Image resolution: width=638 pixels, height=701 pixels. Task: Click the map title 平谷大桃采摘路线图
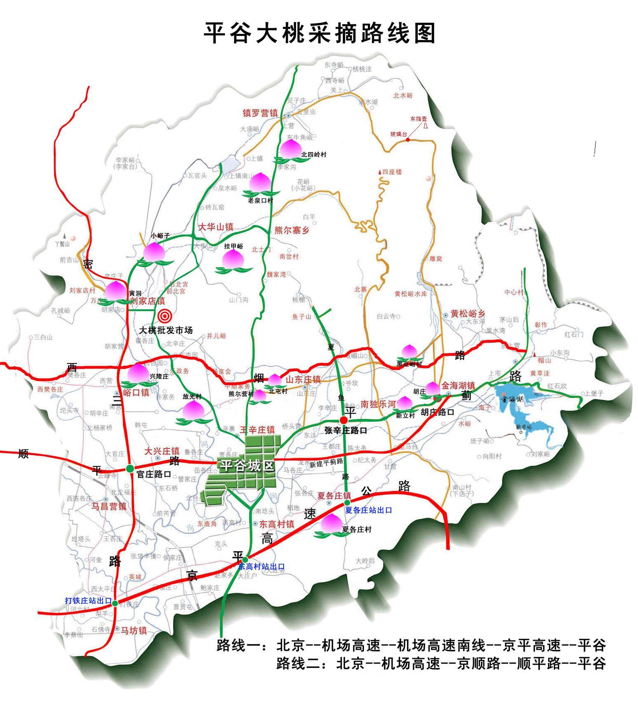click(x=320, y=33)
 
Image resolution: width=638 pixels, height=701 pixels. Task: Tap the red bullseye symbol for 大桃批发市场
click(x=165, y=316)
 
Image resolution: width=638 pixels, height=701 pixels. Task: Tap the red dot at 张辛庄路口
click(x=343, y=420)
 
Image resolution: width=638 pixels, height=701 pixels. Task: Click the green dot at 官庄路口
click(x=129, y=468)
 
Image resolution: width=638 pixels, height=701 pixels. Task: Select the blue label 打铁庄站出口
click(x=88, y=601)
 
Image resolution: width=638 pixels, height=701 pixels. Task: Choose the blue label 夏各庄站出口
click(x=368, y=510)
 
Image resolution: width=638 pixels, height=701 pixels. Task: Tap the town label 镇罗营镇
click(x=260, y=113)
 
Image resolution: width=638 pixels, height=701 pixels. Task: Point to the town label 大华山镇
click(x=216, y=227)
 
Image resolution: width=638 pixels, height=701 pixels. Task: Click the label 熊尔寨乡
click(x=292, y=230)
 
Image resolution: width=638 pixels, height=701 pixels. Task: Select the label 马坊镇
click(x=133, y=630)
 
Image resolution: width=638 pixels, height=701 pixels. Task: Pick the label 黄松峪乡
click(x=467, y=314)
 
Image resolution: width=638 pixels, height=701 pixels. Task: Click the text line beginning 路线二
click(x=441, y=664)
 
